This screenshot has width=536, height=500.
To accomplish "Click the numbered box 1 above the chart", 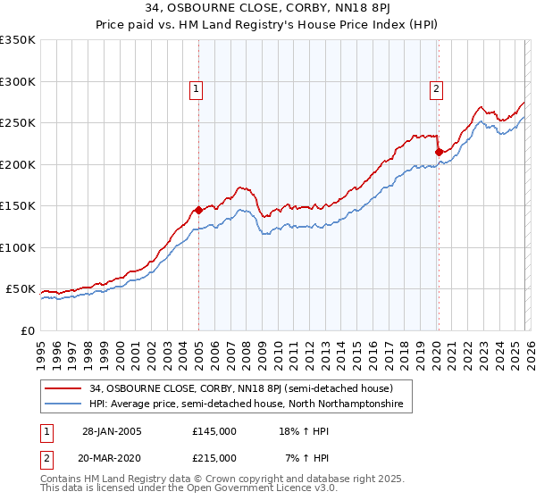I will [196, 88].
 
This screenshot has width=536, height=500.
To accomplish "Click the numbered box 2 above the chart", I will [436, 88].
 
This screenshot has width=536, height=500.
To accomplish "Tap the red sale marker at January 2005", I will [198, 211].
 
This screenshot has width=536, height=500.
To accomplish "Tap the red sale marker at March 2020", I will [439, 153].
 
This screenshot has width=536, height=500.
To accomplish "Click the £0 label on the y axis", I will [27, 330].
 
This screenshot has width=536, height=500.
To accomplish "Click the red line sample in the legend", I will [65, 388].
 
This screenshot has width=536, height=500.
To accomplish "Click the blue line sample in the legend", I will [65, 404].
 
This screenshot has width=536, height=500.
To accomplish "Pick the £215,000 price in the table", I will [214, 457].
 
